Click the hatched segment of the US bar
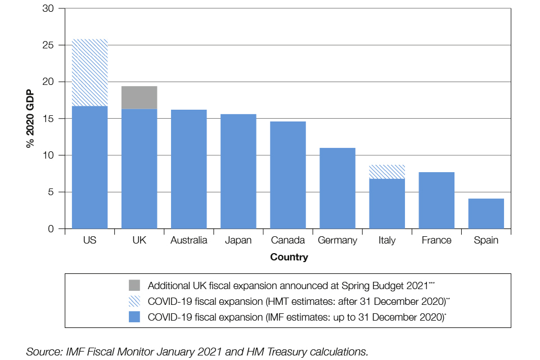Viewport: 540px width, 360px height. click(x=89, y=73)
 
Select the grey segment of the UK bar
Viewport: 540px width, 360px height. click(x=139, y=97)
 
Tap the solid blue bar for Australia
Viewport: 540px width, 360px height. click(x=188, y=169)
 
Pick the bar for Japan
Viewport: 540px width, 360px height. click(x=238, y=171)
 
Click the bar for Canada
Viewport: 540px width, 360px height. click(x=287, y=175)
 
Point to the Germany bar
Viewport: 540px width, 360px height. click(x=337, y=188)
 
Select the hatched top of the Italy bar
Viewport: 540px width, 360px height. click(x=386, y=172)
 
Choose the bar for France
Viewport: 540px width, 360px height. click(x=436, y=200)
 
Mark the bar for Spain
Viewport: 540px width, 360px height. click(x=485, y=213)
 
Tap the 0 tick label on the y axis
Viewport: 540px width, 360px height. click(x=52, y=229)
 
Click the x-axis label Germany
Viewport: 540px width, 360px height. click(x=337, y=240)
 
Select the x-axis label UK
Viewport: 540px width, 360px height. click(x=139, y=240)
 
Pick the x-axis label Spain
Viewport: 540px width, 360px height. click(x=485, y=240)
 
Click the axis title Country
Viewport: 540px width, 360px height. click(x=289, y=257)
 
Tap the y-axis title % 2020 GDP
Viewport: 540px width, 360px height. click(x=30, y=119)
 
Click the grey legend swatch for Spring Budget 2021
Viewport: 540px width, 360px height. click(x=135, y=285)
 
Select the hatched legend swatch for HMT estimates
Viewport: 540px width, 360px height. click(x=135, y=301)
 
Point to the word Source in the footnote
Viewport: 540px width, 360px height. click(x=41, y=352)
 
